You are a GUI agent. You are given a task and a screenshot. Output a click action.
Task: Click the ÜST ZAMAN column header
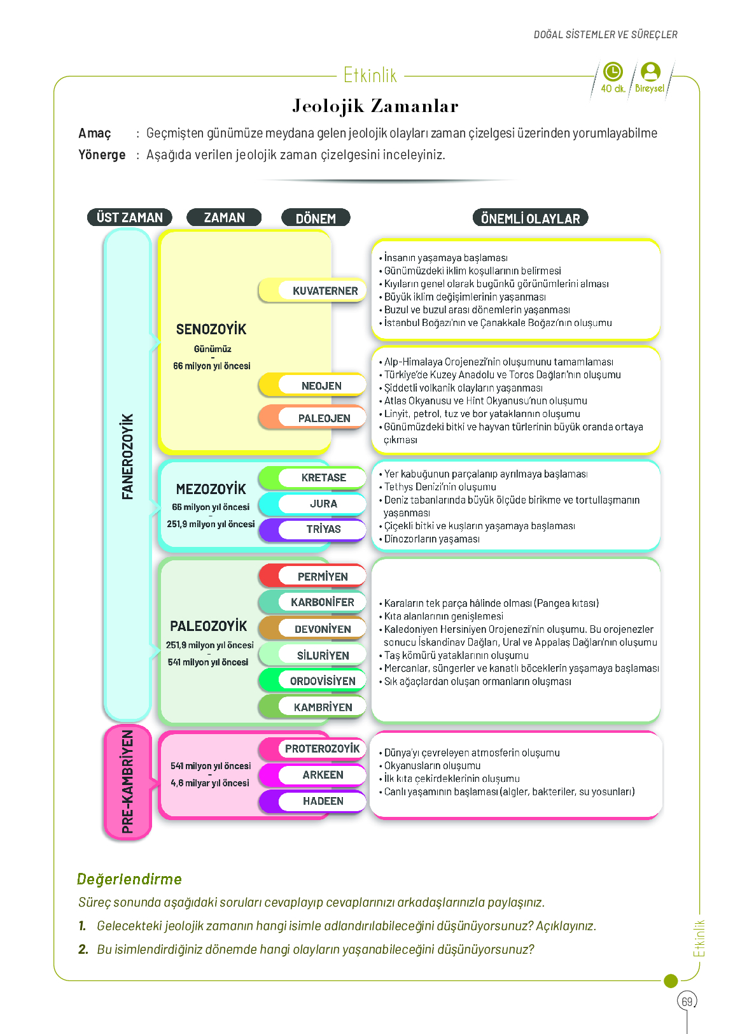tap(130, 218)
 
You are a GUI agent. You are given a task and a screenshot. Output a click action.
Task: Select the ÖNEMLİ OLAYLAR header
tap(530, 218)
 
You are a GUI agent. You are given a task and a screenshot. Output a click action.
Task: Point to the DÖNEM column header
tap(316, 218)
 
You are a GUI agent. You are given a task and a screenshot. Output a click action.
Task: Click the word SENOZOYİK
tap(211, 330)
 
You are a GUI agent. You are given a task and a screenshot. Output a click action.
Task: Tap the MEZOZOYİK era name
tap(211, 490)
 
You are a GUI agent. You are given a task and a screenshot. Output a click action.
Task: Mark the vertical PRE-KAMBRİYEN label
tap(127, 782)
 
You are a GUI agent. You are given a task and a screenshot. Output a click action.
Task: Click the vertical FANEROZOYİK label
tap(127, 457)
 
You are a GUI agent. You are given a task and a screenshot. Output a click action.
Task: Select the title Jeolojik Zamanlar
tap(375, 106)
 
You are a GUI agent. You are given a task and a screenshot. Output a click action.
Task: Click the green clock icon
tap(613, 71)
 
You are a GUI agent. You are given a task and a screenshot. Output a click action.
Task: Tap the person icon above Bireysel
tap(650, 71)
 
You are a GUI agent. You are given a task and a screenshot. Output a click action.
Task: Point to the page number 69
tap(687, 1002)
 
